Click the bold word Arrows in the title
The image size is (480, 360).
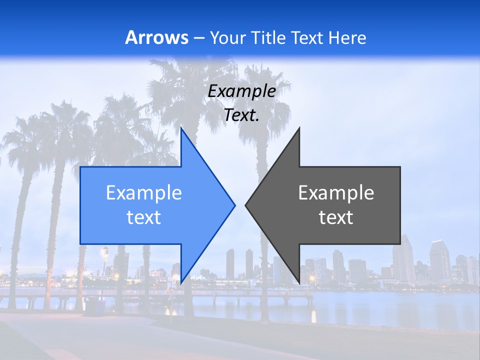[156, 37]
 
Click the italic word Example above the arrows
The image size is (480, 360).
[241, 91]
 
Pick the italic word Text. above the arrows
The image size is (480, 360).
[241, 115]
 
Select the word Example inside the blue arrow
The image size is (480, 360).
[144, 192]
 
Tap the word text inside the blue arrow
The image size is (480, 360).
[144, 217]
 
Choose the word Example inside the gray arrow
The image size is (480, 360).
[336, 192]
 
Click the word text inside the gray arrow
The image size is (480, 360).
[336, 217]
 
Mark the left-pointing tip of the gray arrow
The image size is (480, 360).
[246, 205]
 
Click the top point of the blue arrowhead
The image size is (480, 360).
[181, 129]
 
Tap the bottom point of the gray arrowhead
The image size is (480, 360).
[299, 281]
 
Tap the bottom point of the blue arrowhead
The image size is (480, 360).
[181, 281]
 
